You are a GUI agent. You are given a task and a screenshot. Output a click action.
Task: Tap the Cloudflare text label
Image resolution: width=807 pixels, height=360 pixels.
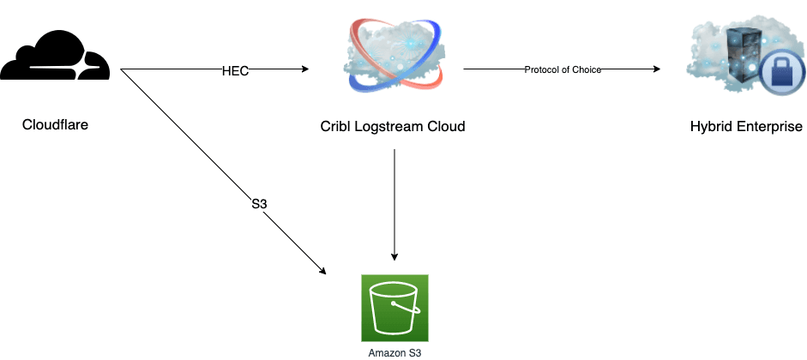point(56,125)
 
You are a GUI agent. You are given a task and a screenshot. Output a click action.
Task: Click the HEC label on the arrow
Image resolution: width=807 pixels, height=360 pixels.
point(235,71)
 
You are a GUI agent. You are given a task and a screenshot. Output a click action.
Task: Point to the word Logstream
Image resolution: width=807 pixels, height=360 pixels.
point(386,127)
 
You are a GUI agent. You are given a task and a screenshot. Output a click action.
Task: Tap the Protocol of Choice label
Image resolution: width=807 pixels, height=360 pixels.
point(563,70)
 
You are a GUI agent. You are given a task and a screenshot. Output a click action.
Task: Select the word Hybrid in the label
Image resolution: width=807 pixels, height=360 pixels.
point(711,127)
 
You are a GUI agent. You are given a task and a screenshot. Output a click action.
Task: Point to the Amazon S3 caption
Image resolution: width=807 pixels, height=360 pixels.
point(394,352)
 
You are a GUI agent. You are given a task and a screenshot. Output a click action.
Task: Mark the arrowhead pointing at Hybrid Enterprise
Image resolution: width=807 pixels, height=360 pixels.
point(658,70)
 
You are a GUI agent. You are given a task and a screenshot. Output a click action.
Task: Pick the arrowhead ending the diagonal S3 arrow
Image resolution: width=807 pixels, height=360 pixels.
point(322,271)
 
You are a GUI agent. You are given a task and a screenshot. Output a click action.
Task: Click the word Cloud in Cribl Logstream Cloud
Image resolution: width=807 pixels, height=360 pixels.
point(446,127)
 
